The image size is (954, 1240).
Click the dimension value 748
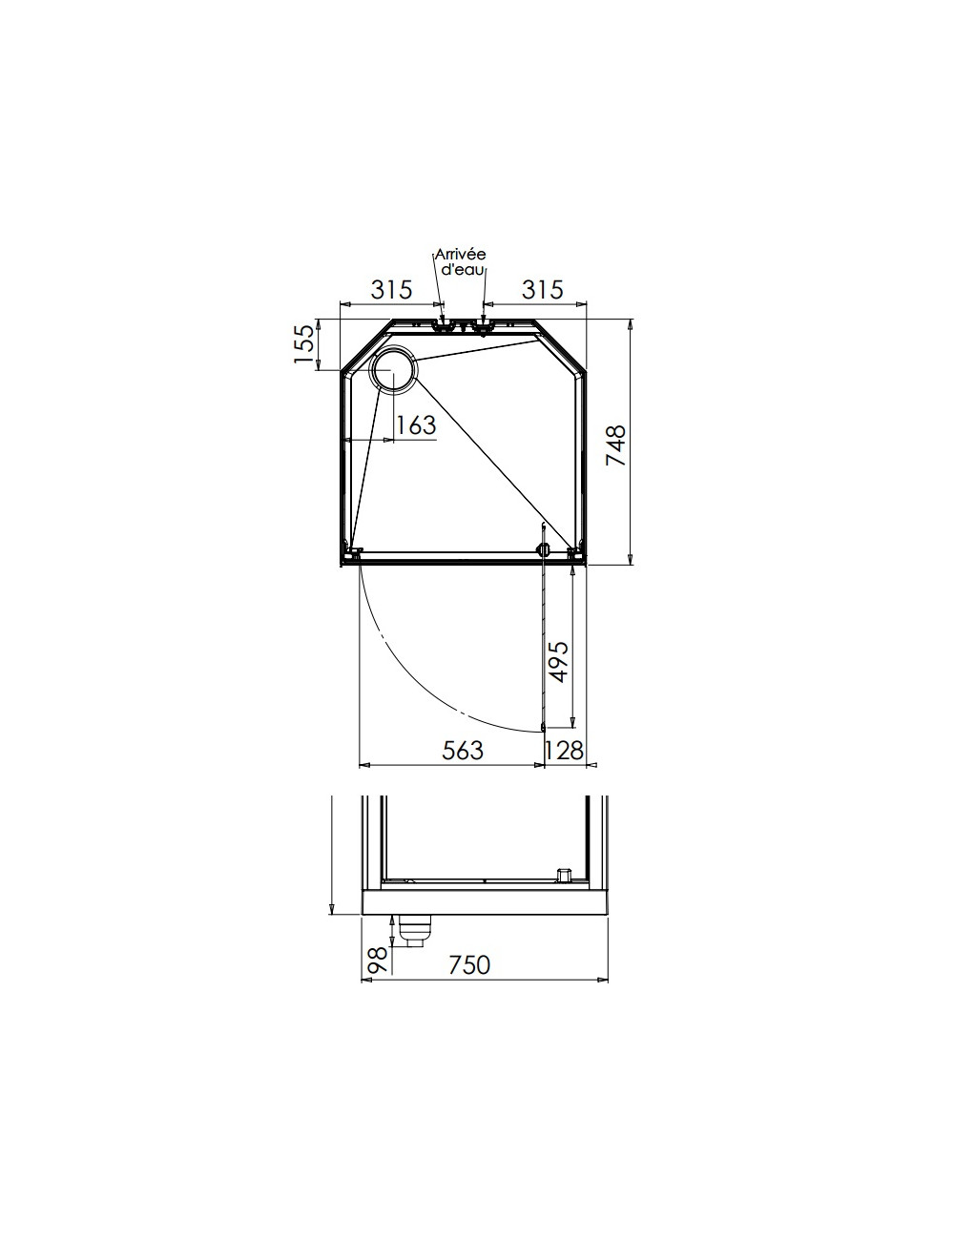(x=615, y=445)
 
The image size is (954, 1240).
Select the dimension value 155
(x=304, y=343)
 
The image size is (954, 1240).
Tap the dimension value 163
(x=416, y=424)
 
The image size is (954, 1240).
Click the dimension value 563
(x=463, y=751)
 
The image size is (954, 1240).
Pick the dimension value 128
(x=563, y=751)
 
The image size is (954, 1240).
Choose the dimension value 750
(x=469, y=965)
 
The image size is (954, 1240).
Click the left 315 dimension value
(x=391, y=290)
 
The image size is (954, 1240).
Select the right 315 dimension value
(x=543, y=290)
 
